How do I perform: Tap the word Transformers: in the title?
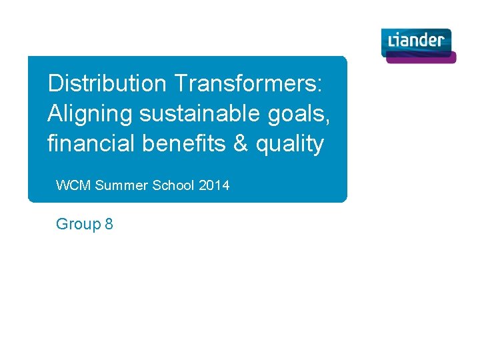(248, 84)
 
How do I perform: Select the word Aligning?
(90, 114)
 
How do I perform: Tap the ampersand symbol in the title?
(243, 143)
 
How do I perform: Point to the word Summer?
(122, 185)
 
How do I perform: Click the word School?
(173, 185)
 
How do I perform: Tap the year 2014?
(214, 185)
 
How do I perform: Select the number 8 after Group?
(109, 224)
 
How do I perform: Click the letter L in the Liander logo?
(393, 41)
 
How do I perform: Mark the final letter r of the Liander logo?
(440, 41)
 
